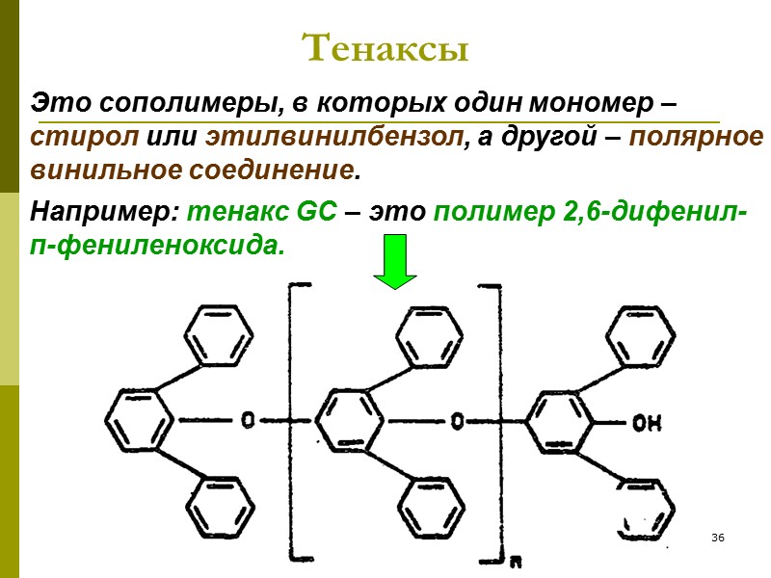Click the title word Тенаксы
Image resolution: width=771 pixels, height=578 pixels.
click(x=385, y=48)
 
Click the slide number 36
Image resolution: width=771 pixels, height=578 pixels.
click(x=718, y=536)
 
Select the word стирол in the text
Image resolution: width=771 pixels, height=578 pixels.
click(x=85, y=137)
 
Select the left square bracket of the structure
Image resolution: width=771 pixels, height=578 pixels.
click(x=293, y=421)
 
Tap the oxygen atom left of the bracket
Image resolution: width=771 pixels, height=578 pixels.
click(x=250, y=421)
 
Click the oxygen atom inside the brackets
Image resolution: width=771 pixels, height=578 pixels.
click(x=457, y=421)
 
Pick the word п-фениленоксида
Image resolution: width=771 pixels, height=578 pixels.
click(x=159, y=245)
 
